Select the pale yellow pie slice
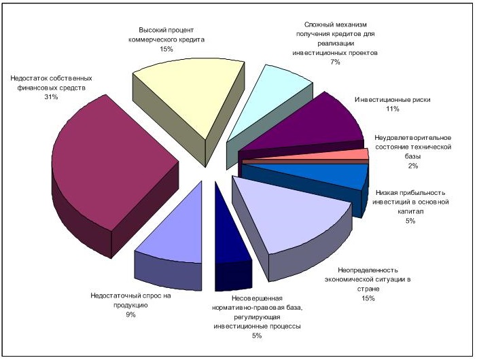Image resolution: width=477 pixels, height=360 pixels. (183, 95)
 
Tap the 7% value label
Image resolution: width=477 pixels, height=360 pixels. (334, 62)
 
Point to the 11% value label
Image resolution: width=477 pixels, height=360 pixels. (392, 109)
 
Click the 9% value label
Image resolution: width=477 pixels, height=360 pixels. (131, 314)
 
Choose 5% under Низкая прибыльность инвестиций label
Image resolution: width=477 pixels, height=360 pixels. (410, 221)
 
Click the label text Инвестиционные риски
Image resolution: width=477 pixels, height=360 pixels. (392, 99)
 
